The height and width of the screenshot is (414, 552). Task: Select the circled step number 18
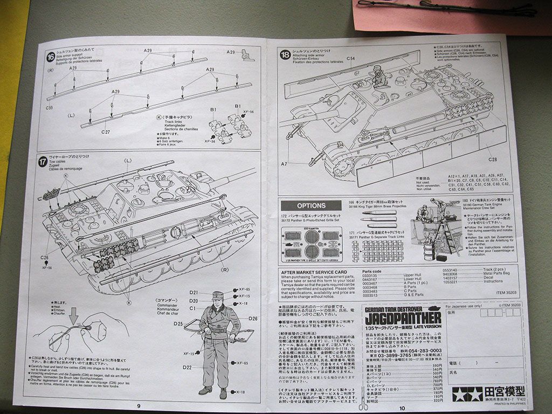[x=285, y=54]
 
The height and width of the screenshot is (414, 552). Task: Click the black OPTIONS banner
[x=311, y=205]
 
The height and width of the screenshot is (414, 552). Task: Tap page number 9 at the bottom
[x=139, y=405]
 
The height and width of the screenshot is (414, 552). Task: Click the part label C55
[x=49, y=107]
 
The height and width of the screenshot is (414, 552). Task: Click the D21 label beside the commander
[x=194, y=292]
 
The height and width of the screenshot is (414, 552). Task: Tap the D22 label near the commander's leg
[x=187, y=367]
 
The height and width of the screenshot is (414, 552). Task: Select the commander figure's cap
[x=218, y=295]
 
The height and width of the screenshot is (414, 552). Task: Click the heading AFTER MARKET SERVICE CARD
[x=314, y=272]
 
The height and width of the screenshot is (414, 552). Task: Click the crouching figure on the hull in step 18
[x=380, y=77]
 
